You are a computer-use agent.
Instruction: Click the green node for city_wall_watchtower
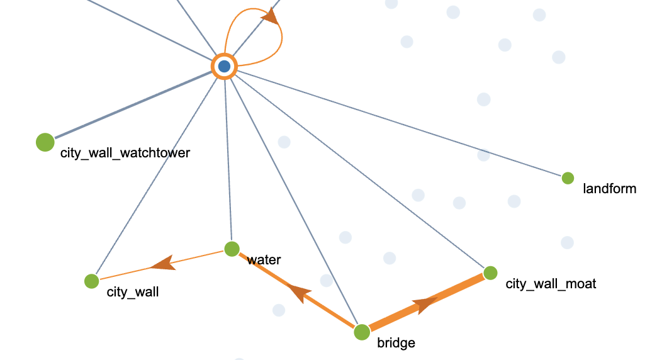tap(45, 142)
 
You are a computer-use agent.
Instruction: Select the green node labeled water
tap(232, 249)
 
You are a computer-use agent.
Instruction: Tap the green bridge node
tap(362, 332)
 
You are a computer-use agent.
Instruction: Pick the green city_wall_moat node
tap(490, 273)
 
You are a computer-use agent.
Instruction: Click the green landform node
tap(568, 178)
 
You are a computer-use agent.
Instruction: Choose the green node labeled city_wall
tap(91, 281)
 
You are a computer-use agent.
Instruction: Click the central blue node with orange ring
tap(224, 66)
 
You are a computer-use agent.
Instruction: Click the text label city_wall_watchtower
tap(125, 152)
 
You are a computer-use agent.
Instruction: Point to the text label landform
tap(609, 188)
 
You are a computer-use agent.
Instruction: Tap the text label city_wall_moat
tap(551, 284)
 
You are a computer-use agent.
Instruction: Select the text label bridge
tap(396, 343)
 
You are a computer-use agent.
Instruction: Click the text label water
tap(264, 260)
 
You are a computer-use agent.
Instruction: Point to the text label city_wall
tap(133, 291)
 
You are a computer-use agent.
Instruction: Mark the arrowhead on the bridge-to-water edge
tap(300, 291)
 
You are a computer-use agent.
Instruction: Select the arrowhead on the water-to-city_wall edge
tap(164, 263)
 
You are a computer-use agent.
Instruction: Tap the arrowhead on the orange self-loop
tap(270, 17)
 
